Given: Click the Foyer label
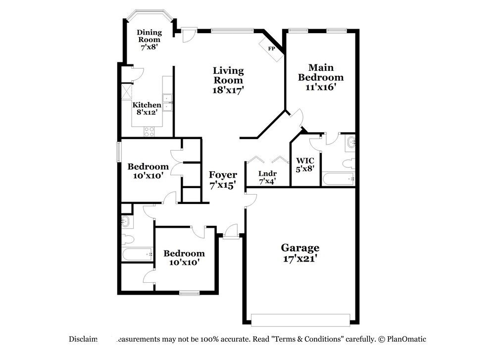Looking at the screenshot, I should (223, 175).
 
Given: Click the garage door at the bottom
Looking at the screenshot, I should (300, 319).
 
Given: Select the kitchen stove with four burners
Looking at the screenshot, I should (149, 131).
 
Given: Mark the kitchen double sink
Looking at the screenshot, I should (167, 102).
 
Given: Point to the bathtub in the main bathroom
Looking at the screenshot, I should (339, 179).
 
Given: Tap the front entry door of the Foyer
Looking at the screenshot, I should (230, 232).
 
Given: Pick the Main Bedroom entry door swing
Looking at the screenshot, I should (296, 118).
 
